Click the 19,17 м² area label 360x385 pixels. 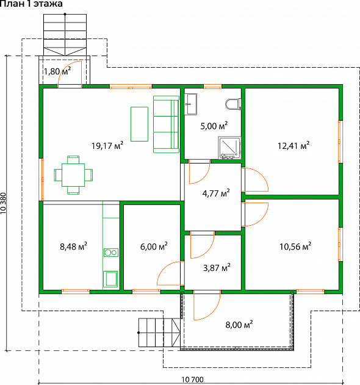coord(107,146)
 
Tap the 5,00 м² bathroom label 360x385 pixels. coord(214,126)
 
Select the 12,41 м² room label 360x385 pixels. coord(293,146)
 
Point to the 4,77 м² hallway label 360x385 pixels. coord(216,193)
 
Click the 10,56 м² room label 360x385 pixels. coord(295,246)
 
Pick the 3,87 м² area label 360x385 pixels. coord(217,268)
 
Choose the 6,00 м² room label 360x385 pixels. coord(154,246)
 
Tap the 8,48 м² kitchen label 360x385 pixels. coord(73,246)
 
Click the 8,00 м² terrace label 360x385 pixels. coord(239,325)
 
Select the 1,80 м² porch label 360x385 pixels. coord(57,71)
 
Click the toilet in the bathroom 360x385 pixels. coord(233,104)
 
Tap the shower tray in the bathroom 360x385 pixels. coord(229,148)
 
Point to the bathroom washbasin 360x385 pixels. coord(191,104)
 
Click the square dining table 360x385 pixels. coord(73,175)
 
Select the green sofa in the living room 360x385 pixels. coord(166,124)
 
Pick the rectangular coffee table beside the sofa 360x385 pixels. coord(139,124)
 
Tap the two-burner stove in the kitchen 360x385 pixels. coord(111,253)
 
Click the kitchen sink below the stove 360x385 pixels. coord(110,279)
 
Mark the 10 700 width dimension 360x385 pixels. coord(193,380)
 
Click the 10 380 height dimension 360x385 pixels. coord(3,203)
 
